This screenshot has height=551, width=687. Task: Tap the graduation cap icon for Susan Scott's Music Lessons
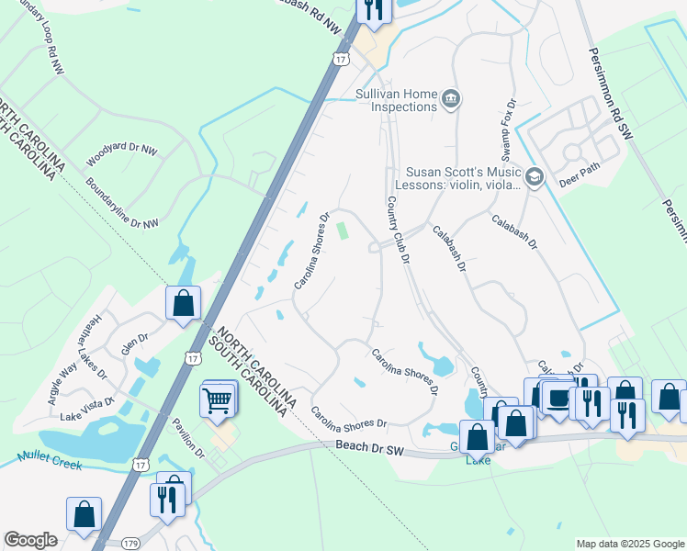pyautogui.click(x=535, y=175)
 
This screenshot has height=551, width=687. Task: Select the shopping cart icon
pyautogui.click(x=218, y=399)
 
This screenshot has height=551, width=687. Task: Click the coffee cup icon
pyautogui.click(x=557, y=398)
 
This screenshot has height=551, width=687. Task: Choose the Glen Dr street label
pyautogui.click(x=135, y=343)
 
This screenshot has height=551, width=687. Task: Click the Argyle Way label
pyautogui.click(x=69, y=382)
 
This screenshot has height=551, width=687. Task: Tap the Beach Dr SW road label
pyautogui.click(x=369, y=448)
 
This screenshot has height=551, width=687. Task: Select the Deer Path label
pyautogui.click(x=579, y=181)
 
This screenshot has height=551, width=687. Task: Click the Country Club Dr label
pyautogui.click(x=397, y=230)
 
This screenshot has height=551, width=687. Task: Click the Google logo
pyautogui.click(x=30, y=540)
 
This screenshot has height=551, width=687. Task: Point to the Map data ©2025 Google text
pyautogui.click(x=629, y=544)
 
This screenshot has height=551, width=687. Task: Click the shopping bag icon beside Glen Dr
pyautogui.click(x=184, y=301)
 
